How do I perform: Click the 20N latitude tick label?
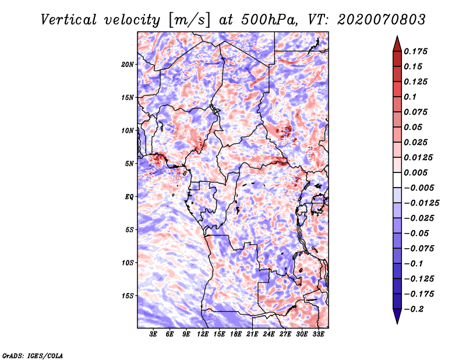pyautogui.click(x=128, y=64)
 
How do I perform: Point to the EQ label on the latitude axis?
pyautogui.click(x=129, y=196)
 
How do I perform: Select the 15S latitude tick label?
pyautogui.click(x=128, y=295)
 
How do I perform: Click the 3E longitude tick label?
pyautogui.click(x=154, y=334)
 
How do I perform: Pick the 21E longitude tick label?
pyautogui.click(x=252, y=334)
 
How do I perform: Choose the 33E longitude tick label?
pyautogui.click(x=318, y=334)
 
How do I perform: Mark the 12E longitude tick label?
pyautogui.click(x=203, y=334)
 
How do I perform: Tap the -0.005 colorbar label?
pyautogui.click(x=419, y=188)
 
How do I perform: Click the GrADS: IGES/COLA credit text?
pyautogui.click(x=33, y=355)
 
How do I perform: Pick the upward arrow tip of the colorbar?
pyautogui.click(x=396, y=38)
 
